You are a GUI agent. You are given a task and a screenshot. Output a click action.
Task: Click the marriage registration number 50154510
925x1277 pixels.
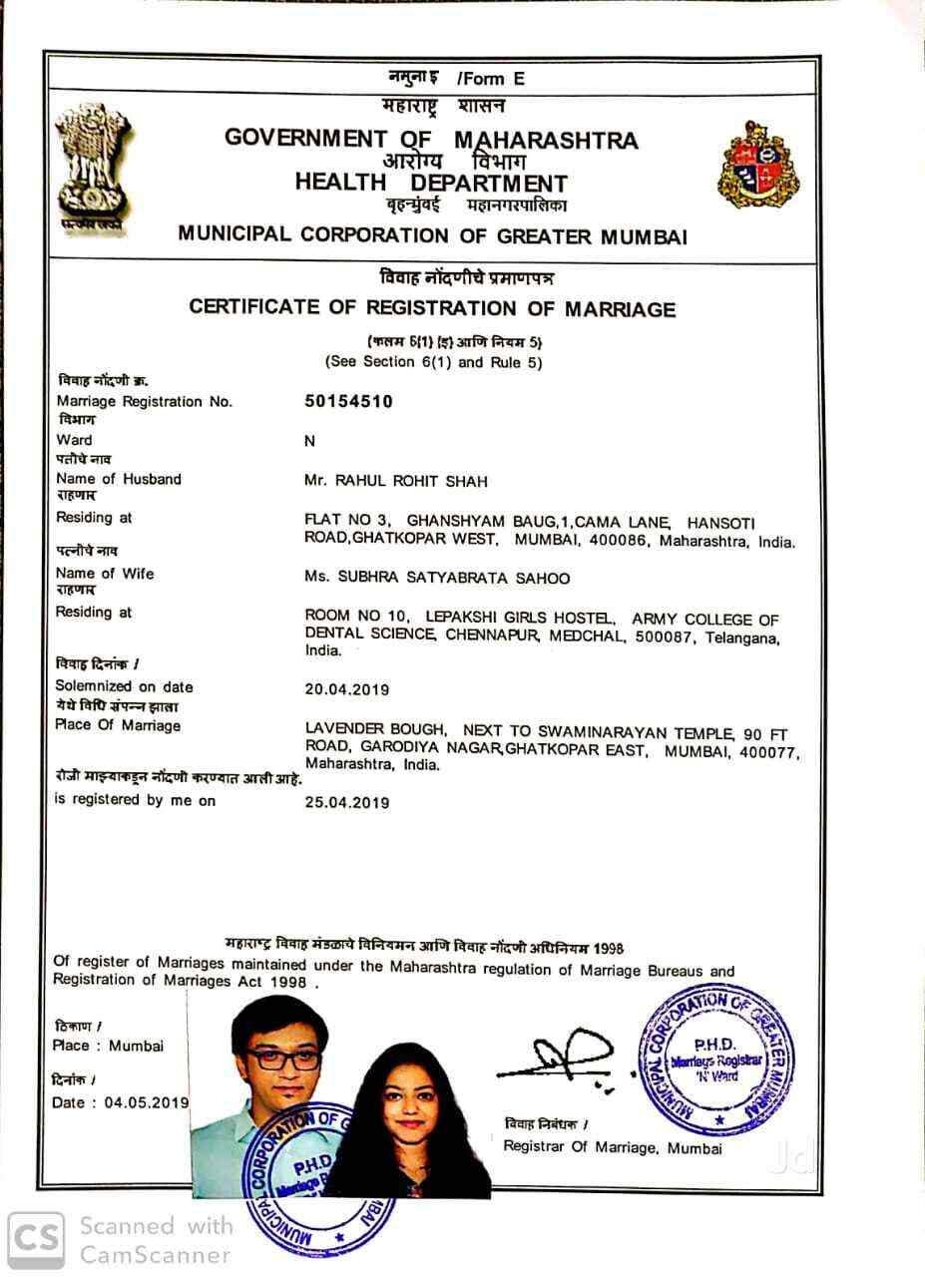click(348, 401)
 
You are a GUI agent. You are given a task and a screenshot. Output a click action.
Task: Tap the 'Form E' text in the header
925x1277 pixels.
click(490, 78)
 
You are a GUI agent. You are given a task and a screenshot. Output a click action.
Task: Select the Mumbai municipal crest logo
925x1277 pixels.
click(759, 164)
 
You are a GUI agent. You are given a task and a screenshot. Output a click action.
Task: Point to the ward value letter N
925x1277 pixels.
click(309, 440)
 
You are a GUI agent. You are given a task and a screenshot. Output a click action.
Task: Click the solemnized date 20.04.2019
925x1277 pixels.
click(346, 688)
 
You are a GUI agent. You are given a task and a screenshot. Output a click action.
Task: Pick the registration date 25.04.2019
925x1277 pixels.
click(346, 801)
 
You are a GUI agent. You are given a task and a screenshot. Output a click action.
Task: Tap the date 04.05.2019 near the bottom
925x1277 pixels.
click(147, 1102)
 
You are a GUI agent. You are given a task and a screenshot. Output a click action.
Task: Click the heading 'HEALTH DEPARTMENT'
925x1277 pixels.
click(430, 183)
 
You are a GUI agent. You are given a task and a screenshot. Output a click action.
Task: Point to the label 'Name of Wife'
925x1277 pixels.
click(105, 574)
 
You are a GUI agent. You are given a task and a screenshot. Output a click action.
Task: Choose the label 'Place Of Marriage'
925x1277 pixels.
click(118, 725)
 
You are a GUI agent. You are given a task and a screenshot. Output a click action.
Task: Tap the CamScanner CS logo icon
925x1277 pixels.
click(36, 1239)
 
